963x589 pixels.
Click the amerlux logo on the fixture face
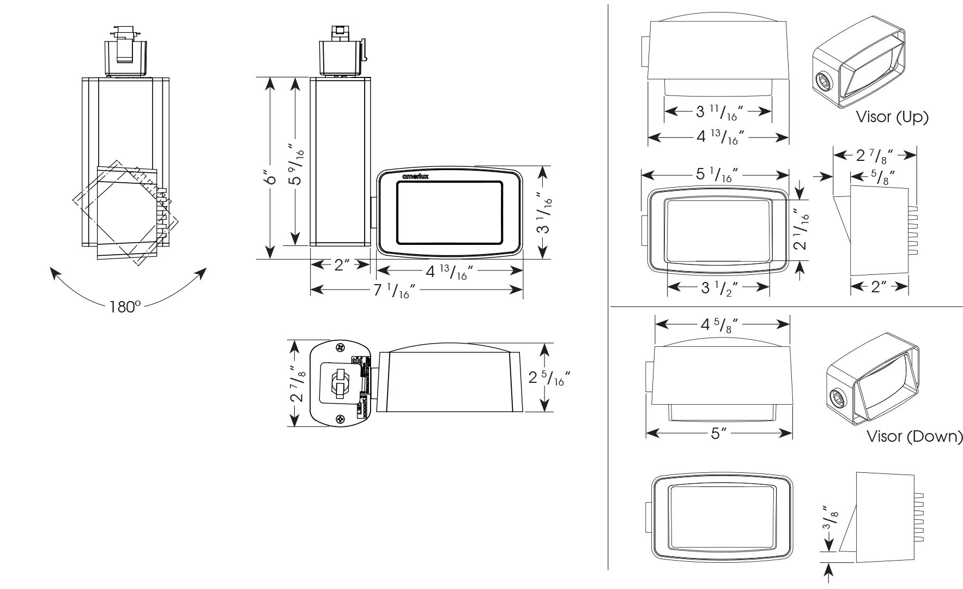coord(416,177)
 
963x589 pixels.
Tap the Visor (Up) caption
coord(892,117)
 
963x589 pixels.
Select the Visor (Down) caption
coord(914,437)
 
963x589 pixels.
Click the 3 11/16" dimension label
coord(718,112)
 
